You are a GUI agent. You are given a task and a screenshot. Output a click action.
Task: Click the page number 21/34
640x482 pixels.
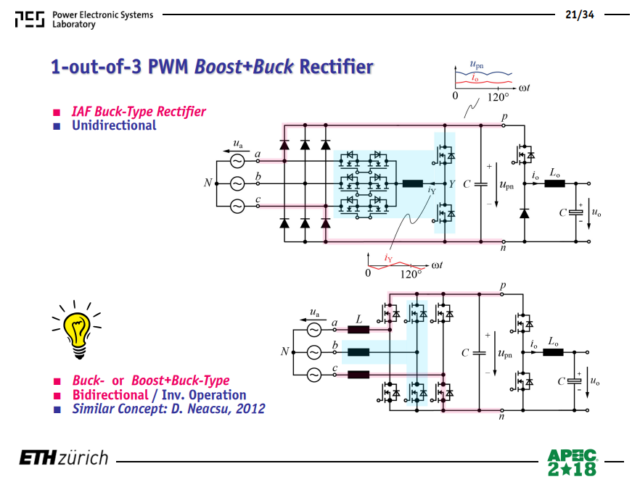(x=580, y=14)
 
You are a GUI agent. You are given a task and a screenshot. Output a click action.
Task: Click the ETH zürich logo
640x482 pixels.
(x=64, y=457)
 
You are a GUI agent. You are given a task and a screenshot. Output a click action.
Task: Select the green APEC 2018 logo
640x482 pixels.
(x=572, y=462)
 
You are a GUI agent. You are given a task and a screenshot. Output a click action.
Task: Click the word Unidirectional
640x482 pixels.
(x=114, y=125)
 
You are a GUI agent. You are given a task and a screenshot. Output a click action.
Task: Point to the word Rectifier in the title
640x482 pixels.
(x=337, y=67)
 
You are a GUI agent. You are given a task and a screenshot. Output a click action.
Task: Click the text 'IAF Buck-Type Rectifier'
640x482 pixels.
(x=139, y=112)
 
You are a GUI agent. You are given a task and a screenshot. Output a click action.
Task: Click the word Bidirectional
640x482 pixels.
(x=110, y=395)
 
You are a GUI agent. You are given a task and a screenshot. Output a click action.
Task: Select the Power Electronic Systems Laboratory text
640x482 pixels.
(x=102, y=20)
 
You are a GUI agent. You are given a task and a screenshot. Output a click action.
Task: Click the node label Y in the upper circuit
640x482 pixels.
(x=452, y=184)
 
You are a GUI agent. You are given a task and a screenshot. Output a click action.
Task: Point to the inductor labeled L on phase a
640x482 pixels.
(x=358, y=330)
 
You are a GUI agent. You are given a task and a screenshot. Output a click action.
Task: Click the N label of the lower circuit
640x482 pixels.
(x=285, y=352)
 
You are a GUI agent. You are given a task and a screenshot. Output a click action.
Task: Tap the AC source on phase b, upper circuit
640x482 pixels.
(x=237, y=184)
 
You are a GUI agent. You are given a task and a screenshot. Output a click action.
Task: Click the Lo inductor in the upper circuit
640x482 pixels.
(x=554, y=183)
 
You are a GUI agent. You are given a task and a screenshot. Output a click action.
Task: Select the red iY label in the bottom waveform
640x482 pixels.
(x=388, y=258)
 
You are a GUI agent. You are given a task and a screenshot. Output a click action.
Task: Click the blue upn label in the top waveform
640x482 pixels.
(x=476, y=65)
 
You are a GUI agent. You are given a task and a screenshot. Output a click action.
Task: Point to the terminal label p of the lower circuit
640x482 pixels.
(x=503, y=286)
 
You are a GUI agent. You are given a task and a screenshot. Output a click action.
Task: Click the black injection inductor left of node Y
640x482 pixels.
(x=413, y=184)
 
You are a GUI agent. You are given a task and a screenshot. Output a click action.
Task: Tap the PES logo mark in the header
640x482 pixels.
(x=29, y=19)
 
